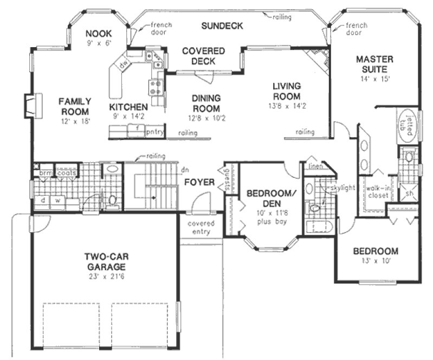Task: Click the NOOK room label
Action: pos(98,33)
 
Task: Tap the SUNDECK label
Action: pos(222,25)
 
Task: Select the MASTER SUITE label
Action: pos(374,64)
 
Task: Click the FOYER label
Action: pos(199,182)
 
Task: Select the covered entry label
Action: pos(201,228)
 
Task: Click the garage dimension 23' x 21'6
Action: pos(105,277)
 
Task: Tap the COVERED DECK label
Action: pos(204,56)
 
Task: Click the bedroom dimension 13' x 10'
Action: pos(376,261)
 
